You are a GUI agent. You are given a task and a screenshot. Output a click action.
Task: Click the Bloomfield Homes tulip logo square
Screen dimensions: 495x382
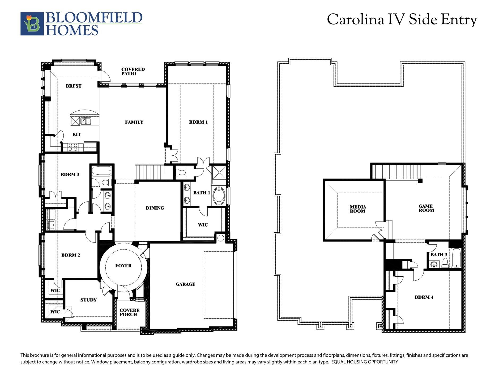click(32, 24)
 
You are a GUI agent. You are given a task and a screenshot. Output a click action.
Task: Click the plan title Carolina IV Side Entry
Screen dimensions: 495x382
click(402, 20)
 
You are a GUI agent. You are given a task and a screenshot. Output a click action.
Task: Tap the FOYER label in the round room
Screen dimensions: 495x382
click(123, 266)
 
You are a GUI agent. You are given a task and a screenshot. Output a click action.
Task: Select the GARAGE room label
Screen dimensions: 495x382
click(185, 284)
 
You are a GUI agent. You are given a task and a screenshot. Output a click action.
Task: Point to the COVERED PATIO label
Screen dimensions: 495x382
click(133, 71)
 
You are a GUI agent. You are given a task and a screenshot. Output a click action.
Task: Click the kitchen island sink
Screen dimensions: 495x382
click(86, 121)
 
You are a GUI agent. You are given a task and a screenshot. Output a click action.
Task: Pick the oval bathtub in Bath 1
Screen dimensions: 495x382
click(219, 196)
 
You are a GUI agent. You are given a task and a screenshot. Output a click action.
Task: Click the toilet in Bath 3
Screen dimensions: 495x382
click(445, 263)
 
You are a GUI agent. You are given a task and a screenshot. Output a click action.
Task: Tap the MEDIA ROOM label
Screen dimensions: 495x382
click(358, 209)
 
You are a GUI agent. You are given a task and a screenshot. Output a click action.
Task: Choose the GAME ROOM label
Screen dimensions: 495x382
click(426, 208)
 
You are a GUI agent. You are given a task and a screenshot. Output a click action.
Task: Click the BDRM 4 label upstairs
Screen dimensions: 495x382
click(424, 297)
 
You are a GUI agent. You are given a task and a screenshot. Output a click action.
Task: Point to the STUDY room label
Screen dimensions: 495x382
click(88, 300)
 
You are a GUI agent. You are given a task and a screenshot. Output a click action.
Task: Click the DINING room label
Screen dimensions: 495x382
click(155, 208)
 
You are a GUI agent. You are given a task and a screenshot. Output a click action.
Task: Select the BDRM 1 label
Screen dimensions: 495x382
click(198, 122)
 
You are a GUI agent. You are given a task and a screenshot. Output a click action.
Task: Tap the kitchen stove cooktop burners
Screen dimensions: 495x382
click(73, 147)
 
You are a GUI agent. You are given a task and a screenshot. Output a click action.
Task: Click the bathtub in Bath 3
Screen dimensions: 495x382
click(456, 258)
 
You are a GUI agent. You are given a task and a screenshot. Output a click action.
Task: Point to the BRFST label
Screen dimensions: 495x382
click(74, 86)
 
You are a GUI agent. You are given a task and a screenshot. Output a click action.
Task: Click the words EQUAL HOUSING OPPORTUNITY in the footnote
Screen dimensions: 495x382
click(364, 362)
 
